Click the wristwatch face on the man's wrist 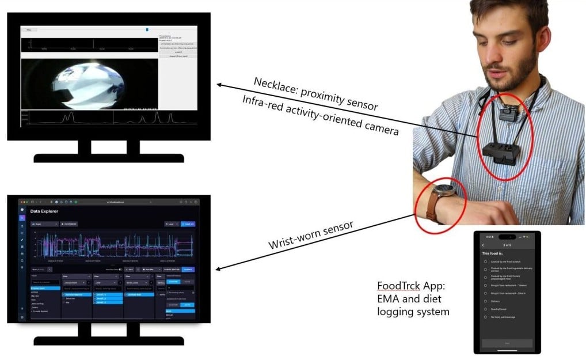pos(446,192)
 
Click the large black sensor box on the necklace pos(499,153)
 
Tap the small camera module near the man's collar pos(507,113)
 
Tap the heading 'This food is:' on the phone pos(495,253)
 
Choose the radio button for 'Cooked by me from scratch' pos(486,261)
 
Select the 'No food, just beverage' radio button pos(486,317)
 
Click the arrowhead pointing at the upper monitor pos(219,85)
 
